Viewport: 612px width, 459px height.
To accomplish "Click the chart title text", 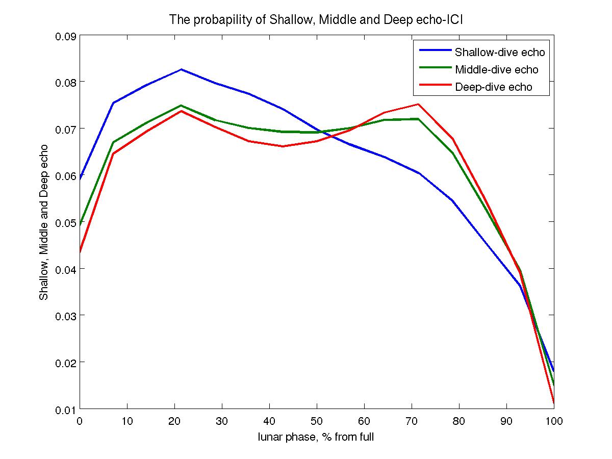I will (x=316, y=20).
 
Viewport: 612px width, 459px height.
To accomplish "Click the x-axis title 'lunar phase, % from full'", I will (x=316, y=437).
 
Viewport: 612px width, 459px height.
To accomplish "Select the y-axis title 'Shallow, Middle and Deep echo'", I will (x=45, y=222).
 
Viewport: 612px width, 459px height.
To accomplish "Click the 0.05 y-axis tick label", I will (x=65, y=222).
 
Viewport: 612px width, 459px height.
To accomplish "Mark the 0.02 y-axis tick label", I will (x=65, y=363).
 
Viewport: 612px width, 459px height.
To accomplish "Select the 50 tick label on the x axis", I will (x=317, y=421).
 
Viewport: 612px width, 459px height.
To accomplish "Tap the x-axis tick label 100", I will (x=554, y=421).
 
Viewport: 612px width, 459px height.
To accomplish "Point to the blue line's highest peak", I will (x=181, y=69).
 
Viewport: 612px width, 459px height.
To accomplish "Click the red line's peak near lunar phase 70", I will (x=418, y=104).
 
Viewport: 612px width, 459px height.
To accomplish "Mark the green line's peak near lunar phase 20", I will (x=181, y=105).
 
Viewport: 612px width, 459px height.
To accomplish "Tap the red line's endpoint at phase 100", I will (x=554, y=403).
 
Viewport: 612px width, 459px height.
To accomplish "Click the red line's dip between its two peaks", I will (x=283, y=146).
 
